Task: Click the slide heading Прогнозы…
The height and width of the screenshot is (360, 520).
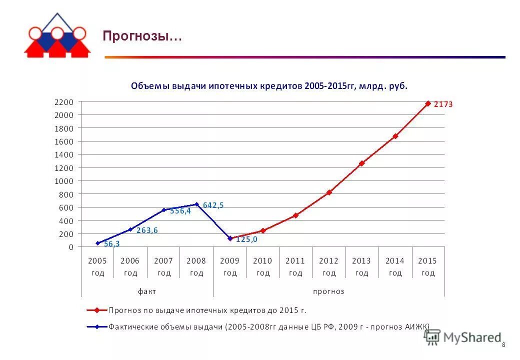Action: pos(142,37)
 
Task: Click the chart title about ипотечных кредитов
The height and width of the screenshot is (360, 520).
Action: pos(269,86)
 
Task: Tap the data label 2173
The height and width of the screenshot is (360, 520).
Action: pos(443,104)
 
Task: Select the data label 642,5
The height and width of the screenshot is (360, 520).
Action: pos(213,205)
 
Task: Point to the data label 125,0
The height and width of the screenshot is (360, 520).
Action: pos(247,239)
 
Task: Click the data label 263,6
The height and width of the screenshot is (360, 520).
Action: pos(147,230)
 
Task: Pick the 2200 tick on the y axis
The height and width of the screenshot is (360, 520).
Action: pos(64,102)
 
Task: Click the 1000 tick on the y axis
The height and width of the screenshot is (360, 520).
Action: pos(64,181)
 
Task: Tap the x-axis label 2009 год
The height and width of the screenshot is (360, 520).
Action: pos(229,266)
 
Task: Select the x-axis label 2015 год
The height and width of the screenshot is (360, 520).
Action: pos(427,266)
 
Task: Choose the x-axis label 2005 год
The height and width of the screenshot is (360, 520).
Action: pos(97,266)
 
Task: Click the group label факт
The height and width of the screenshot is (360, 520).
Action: pos(147,291)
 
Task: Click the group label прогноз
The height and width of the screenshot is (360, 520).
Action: pos(328,291)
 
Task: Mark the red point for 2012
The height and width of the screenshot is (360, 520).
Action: pos(329,192)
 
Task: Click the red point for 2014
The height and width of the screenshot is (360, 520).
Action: pos(395,136)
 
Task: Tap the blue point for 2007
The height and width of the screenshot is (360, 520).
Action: pos(163,210)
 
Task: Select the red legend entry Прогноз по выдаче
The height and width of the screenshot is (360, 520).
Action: pos(207,310)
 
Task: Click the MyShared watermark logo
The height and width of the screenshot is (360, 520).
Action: pos(463,337)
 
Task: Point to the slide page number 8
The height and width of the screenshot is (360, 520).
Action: pos(503,345)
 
